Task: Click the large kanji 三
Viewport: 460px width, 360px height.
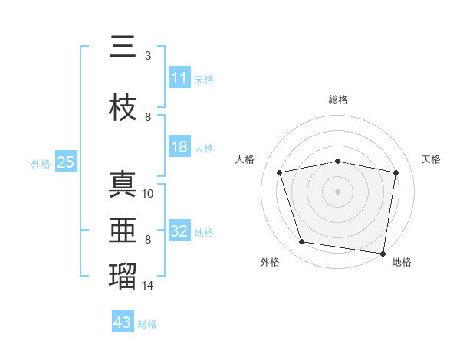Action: (123, 46)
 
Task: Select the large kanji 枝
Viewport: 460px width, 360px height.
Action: (123, 107)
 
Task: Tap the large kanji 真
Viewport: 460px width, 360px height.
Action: (123, 184)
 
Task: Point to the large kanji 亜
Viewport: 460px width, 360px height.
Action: (123, 230)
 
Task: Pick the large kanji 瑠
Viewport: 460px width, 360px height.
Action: (123, 276)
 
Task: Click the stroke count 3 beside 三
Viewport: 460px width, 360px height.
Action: (148, 56)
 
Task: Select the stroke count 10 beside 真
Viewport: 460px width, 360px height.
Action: (147, 194)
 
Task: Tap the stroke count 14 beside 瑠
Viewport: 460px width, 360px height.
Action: (147, 285)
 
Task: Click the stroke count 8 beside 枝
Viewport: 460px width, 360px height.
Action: (148, 117)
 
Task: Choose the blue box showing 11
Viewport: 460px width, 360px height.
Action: (180, 77)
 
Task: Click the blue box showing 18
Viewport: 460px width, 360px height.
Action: (180, 146)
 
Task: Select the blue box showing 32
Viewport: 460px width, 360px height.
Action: (180, 230)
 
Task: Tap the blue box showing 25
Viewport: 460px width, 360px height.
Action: (66, 162)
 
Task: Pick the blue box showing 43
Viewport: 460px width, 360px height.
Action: (123, 321)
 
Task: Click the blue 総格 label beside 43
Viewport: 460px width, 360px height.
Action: (147, 324)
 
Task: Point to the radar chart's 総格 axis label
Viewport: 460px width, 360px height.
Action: (338, 100)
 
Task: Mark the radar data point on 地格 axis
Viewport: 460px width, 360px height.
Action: (383, 254)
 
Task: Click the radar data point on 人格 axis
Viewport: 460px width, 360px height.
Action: (280, 172)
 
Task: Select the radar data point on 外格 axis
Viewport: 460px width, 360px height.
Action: (302, 241)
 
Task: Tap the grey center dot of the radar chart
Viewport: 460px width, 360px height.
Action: (337, 191)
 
